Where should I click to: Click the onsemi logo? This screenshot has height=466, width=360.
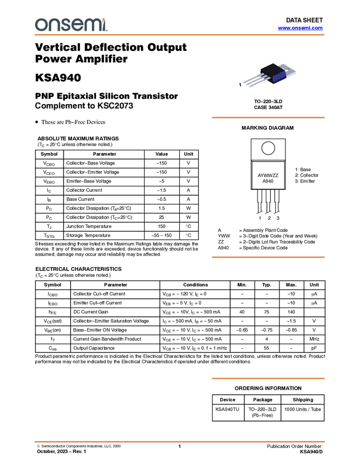click(71, 25)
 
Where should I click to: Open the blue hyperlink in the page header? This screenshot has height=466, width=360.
click(300, 28)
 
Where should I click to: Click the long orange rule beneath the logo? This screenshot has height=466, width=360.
click(180, 35)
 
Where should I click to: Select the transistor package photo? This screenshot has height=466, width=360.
click(270, 76)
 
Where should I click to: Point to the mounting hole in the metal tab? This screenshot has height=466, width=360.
click(286, 67)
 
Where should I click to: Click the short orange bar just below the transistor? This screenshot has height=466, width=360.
click(268, 118)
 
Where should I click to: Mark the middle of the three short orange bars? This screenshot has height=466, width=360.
click(268, 257)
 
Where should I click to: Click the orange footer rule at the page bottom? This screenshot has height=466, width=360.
click(180, 441)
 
